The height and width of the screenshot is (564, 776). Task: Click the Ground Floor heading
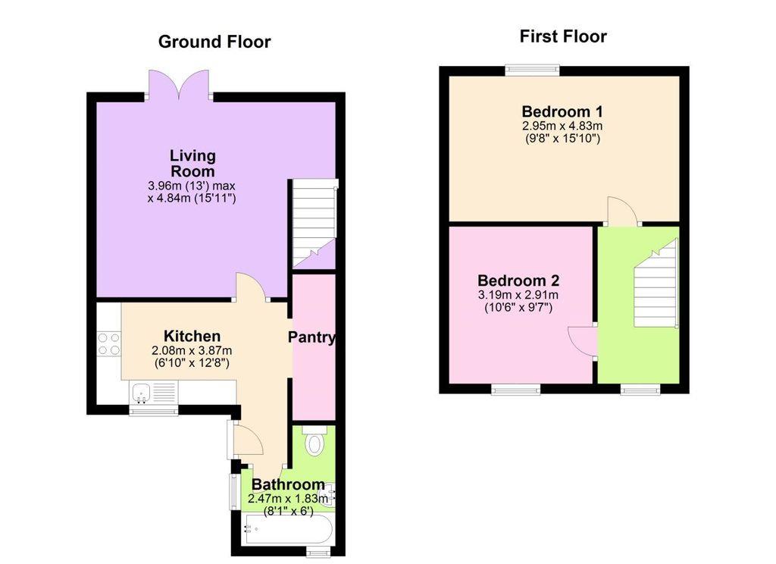(214, 42)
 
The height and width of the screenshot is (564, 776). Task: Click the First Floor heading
(563, 36)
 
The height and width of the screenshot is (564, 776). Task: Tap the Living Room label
(192, 164)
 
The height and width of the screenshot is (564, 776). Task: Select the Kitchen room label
(192, 337)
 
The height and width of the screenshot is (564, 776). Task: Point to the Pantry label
(311, 337)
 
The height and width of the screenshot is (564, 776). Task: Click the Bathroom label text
(289, 484)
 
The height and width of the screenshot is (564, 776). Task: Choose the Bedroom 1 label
(562, 111)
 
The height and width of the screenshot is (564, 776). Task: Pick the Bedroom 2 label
(518, 280)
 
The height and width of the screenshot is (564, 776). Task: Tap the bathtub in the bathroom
(287, 529)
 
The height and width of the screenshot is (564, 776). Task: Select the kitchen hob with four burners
(109, 343)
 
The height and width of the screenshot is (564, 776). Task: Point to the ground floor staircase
(314, 224)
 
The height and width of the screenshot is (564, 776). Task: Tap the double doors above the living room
(179, 84)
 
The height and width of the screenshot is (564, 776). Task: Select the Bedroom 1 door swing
(622, 211)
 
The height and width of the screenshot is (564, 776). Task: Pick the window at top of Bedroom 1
(532, 70)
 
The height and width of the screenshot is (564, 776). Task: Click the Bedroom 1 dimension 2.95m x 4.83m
(562, 126)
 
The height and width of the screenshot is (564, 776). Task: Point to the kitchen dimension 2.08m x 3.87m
(192, 350)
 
